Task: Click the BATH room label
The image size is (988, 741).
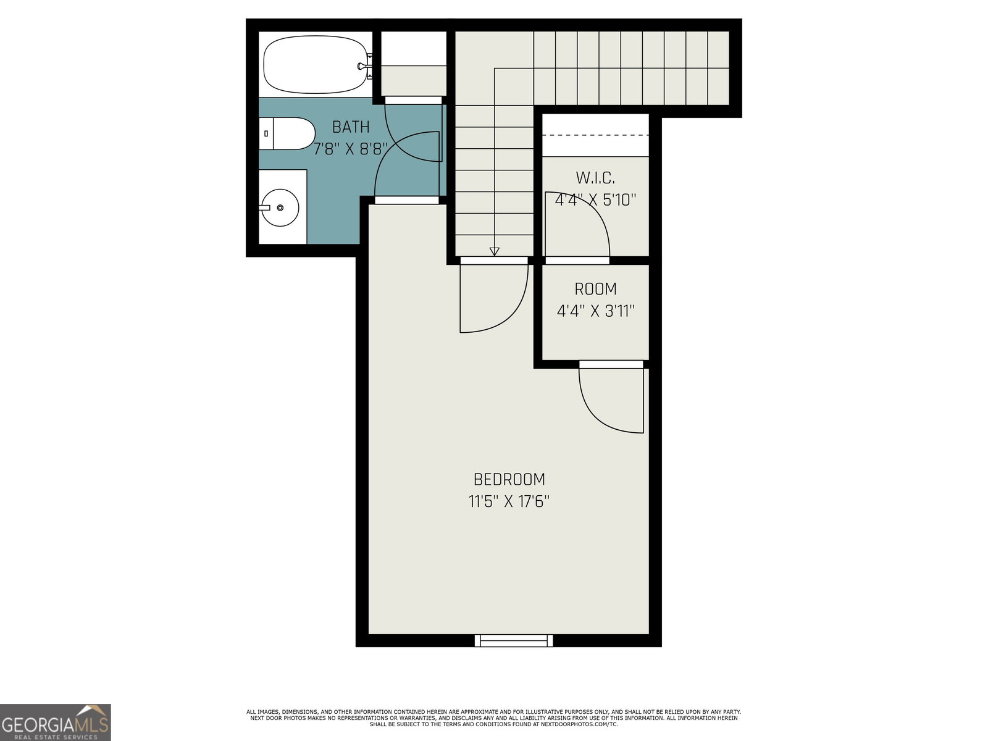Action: (351, 127)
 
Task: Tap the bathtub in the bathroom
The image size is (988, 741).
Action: (315, 64)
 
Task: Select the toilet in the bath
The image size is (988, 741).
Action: (287, 133)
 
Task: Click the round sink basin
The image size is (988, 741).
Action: (280, 207)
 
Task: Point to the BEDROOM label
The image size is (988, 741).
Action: (509, 479)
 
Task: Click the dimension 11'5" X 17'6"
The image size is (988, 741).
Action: (509, 501)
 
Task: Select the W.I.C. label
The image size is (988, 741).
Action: (595, 178)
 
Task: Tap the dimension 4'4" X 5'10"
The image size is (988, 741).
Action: (595, 199)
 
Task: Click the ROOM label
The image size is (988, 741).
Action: (595, 289)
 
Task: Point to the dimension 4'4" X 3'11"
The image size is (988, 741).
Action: (595, 311)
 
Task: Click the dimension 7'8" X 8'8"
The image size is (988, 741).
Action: (351, 149)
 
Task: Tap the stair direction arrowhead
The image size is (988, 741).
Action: (494, 251)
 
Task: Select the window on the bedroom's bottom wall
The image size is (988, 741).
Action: (514, 640)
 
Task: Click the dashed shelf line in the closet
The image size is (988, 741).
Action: (595, 135)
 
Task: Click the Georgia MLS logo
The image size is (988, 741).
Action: (56, 722)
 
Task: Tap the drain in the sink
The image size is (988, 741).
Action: (280, 207)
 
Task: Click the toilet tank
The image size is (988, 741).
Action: (266, 133)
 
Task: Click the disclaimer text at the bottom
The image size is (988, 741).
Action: (494, 718)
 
